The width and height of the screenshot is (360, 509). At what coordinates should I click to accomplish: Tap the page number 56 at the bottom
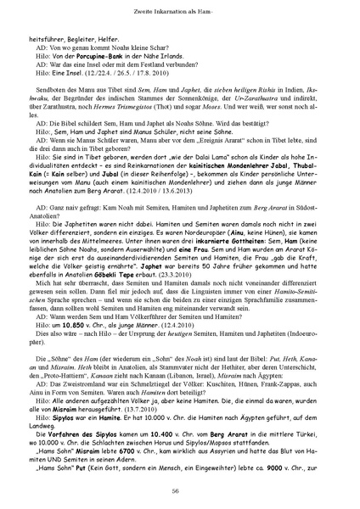(x=180, y=489)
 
